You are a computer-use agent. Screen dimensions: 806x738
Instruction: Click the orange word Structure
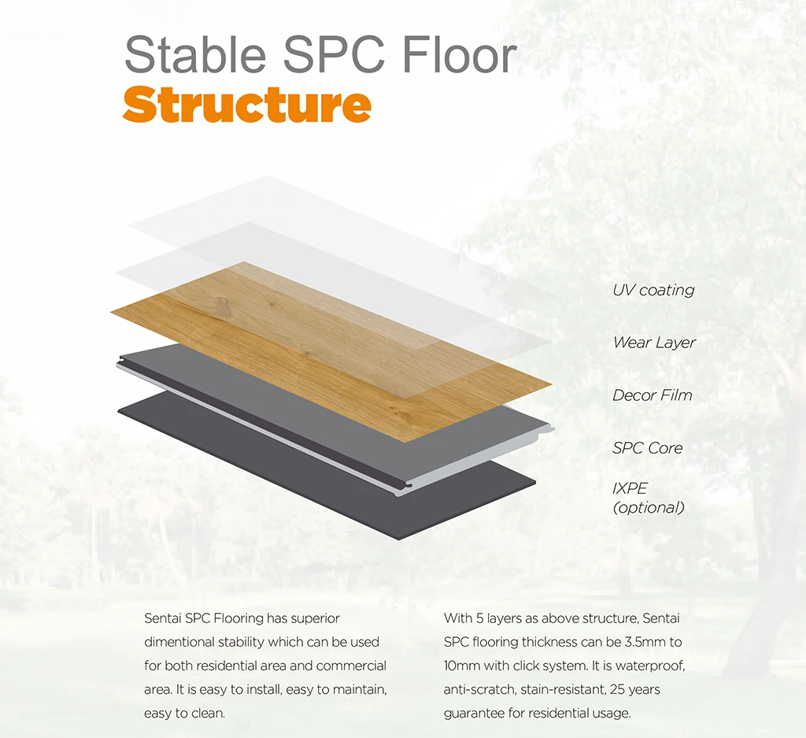coord(246,105)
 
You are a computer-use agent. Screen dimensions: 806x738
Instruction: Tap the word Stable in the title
coord(195,54)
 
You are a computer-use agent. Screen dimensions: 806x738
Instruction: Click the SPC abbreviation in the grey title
coord(334,54)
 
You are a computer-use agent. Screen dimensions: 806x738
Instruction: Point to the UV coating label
coord(653,290)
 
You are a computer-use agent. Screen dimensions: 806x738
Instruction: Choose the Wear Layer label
coord(654,343)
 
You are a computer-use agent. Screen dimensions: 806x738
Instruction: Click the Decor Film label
coord(653,395)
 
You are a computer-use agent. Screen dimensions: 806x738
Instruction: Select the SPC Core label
coord(647,448)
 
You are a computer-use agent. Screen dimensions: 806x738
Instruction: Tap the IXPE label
coord(630,488)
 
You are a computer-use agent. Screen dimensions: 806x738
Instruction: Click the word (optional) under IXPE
coord(649,507)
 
